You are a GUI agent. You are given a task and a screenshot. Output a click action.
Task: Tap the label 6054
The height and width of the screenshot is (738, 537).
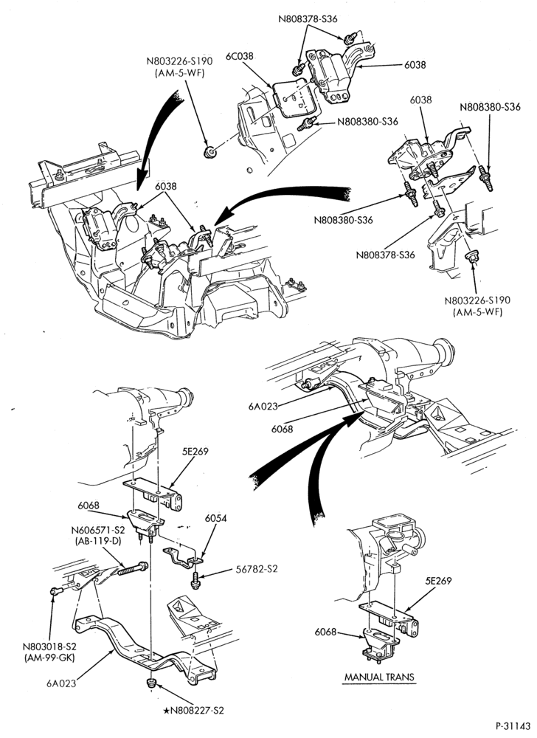[216, 518]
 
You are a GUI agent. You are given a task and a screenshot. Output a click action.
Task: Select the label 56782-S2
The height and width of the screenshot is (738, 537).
[256, 569]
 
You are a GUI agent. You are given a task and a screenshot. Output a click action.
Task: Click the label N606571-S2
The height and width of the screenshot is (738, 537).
[98, 531]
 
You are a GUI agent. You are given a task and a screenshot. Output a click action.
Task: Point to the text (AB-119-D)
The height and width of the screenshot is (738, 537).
[98, 541]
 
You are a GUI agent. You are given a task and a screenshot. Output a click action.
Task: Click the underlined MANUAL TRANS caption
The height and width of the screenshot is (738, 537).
[379, 677]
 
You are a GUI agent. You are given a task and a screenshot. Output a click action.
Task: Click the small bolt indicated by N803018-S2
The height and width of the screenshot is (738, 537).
[55, 591]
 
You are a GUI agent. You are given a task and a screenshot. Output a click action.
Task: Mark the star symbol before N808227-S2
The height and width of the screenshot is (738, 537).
[167, 710]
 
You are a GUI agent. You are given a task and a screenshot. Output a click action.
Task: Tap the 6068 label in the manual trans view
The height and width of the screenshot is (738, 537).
[326, 632]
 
